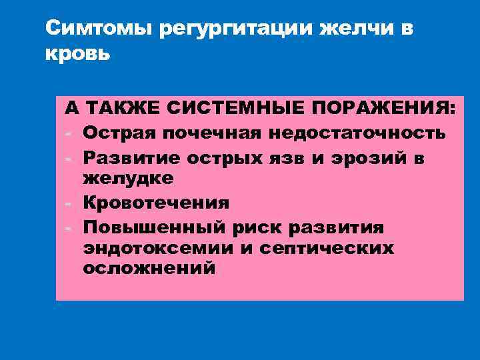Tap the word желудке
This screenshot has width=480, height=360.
(128, 179)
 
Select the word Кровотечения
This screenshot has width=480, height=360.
(156, 203)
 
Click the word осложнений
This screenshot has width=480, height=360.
(149, 269)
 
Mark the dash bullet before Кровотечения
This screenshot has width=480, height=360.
(68, 203)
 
